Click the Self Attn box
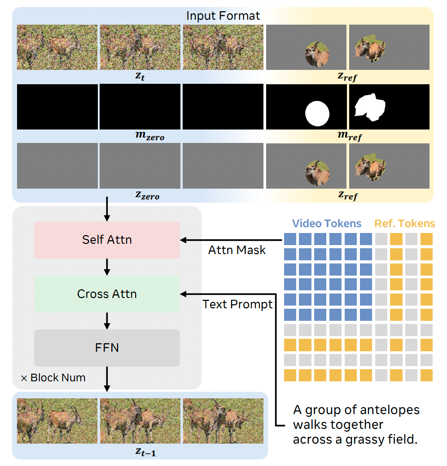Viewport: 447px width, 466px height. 107,240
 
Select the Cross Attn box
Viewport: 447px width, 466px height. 107,294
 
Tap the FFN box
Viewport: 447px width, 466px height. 107,348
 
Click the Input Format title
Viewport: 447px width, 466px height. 223,16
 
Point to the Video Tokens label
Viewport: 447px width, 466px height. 326,224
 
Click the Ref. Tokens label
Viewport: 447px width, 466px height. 404,224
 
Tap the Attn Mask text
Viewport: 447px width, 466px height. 237,250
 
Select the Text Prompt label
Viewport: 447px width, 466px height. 237,305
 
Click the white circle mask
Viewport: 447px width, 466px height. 318,113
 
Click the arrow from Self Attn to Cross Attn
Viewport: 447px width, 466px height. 107,267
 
